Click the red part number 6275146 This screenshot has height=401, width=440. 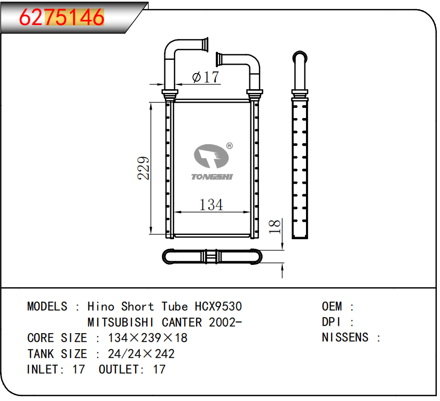tap(61, 18)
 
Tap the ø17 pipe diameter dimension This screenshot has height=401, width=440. tap(206, 77)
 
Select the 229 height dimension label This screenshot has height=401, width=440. tap(143, 168)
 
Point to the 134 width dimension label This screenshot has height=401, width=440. tap(211, 205)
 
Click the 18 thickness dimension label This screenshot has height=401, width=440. tap(274, 226)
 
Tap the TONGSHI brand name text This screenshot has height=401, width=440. tap(212, 177)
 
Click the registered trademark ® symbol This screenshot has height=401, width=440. tap(230, 146)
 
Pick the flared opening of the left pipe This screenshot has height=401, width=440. tap(206, 45)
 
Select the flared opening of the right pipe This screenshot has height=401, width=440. tap(218, 59)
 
